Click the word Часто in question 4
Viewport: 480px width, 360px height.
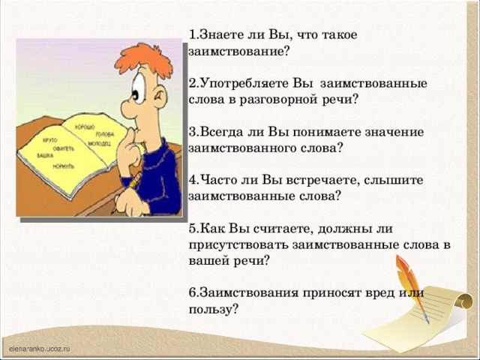(220, 180)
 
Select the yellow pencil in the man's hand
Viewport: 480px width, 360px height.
(133, 183)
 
